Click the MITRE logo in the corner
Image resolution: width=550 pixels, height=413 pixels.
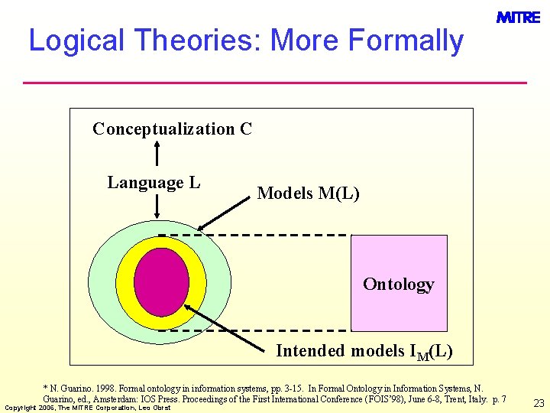518,17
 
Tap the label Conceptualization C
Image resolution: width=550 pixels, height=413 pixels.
172,128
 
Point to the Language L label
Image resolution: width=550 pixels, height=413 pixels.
154,182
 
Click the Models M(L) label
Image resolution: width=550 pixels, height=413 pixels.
308,193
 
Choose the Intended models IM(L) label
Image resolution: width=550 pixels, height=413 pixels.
364,351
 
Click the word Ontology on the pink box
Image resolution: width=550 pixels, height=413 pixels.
398,284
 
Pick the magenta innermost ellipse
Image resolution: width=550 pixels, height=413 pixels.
161,282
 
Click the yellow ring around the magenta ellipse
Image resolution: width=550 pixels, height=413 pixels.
198,282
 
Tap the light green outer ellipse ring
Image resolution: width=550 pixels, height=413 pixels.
102,282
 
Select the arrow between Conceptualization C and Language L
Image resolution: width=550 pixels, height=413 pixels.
157,153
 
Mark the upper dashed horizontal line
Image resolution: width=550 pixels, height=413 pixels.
252,234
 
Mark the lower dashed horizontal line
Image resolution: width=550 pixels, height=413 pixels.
252,330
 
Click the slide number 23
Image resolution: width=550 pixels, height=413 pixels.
539,403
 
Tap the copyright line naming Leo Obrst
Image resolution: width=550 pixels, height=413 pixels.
88,408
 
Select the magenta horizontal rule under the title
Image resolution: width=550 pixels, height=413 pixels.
275,82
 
